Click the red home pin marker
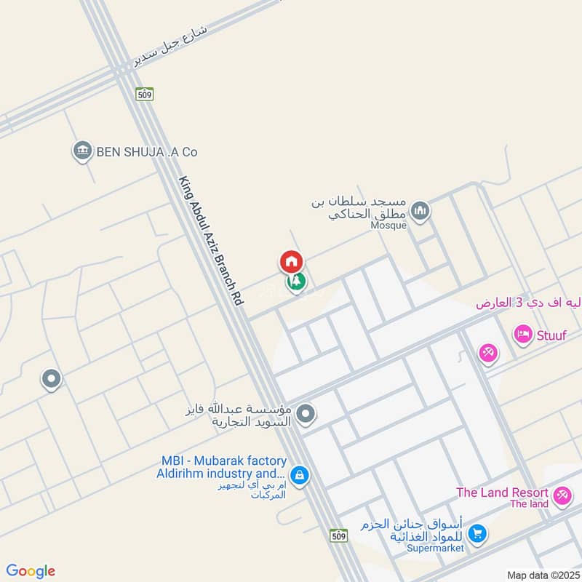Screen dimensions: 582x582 click(x=291, y=261)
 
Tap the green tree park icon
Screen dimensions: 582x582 click(x=296, y=282)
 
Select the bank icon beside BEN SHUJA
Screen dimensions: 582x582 click(x=82, y=151)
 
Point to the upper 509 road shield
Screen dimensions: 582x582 click(x=144, y=94)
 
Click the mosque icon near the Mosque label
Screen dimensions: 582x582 click(x=420, y=212)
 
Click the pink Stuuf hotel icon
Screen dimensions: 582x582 click(x=522, y=335)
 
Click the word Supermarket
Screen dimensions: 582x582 click(x=435, y=548)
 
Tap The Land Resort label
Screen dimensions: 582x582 click(x=502, y=493)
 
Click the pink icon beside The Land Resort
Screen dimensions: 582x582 click(x=561, y=497)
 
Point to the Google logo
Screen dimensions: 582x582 click(x=31, y=571)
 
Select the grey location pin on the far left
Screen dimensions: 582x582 click(x=51, y=379)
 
